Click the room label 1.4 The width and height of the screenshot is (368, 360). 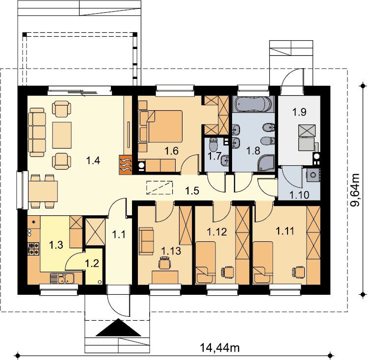click(x=93, y=161)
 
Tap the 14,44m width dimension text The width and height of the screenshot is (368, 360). click(x=220, y=348)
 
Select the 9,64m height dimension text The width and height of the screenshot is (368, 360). click(x=355, y=190)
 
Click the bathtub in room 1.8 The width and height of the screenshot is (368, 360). click(x=254, y=104)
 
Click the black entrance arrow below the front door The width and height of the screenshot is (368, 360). click(x=119, y=328)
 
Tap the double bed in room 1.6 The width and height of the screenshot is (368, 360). click(x=160, y=127)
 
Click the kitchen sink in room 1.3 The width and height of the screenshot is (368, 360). click(x=62, y=279)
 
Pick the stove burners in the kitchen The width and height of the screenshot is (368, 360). click(x=33, y=249)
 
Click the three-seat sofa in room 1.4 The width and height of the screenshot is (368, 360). click(x=37, y=132)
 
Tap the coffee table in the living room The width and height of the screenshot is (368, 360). click(x=62, y=135)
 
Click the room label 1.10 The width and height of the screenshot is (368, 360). click(x=299, y=195)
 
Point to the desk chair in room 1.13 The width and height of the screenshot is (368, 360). click(x=164, y=263)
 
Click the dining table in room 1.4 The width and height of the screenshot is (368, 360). click(x=43, y=191)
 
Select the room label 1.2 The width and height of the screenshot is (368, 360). click(x=92, y=263)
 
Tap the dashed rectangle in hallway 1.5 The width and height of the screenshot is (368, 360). click(x=159, y=188)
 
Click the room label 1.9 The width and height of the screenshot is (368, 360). click(x=299, y=112)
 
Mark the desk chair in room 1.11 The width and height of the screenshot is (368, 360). click(x=298, y=272)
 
